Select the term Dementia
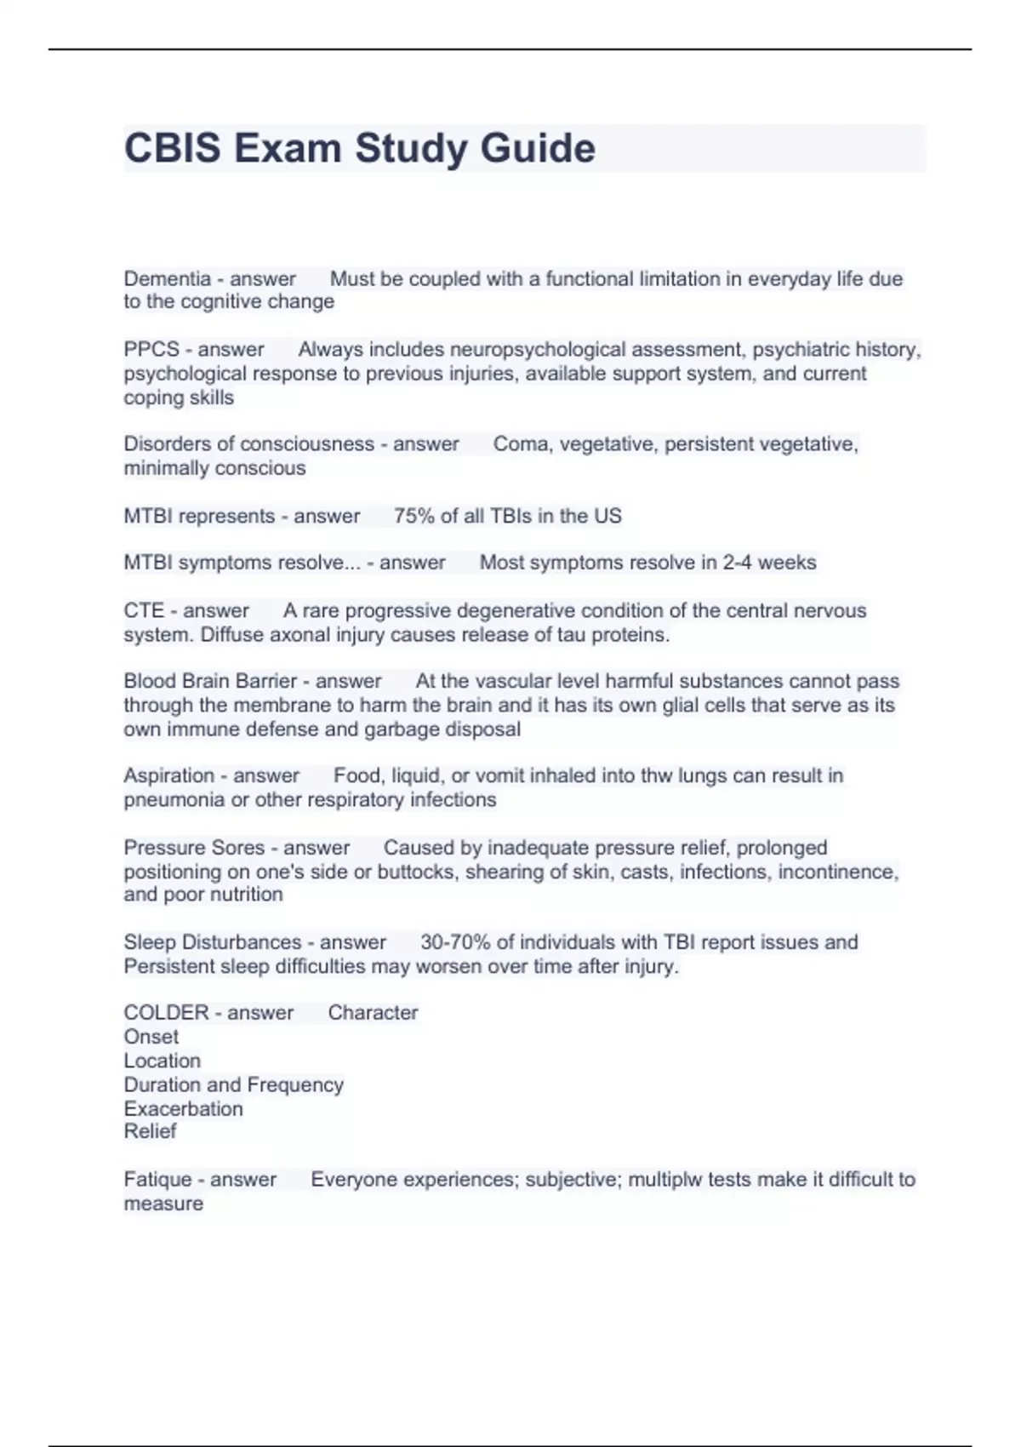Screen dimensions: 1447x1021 [167, 278]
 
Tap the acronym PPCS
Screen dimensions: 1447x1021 [151, 349]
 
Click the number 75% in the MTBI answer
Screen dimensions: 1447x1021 [414, 516]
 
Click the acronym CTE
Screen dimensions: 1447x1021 [144, 610]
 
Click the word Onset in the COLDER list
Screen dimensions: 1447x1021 [151, 1037]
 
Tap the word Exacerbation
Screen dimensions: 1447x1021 [183, 1108]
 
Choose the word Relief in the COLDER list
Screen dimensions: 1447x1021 [150, 1131]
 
